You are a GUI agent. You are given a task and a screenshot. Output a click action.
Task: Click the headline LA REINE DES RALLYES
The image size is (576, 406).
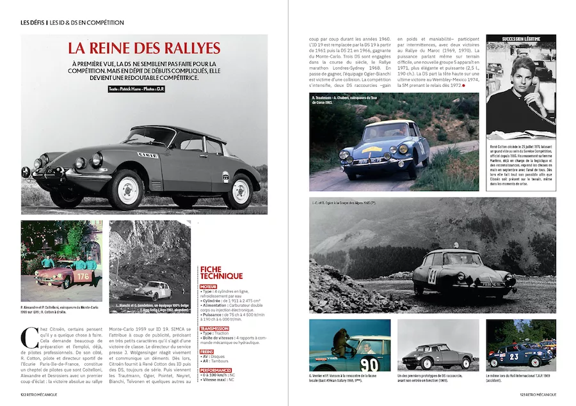coord(144,48)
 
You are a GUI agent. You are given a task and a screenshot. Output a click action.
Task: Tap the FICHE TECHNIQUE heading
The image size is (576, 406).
coord(221,272)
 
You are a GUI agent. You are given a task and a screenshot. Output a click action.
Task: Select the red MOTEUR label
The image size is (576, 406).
coord(208,287)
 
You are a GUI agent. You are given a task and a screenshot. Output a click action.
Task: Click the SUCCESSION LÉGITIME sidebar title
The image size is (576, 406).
coord(521,39)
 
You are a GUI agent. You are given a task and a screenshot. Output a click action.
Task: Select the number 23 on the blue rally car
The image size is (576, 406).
coord(512,356)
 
